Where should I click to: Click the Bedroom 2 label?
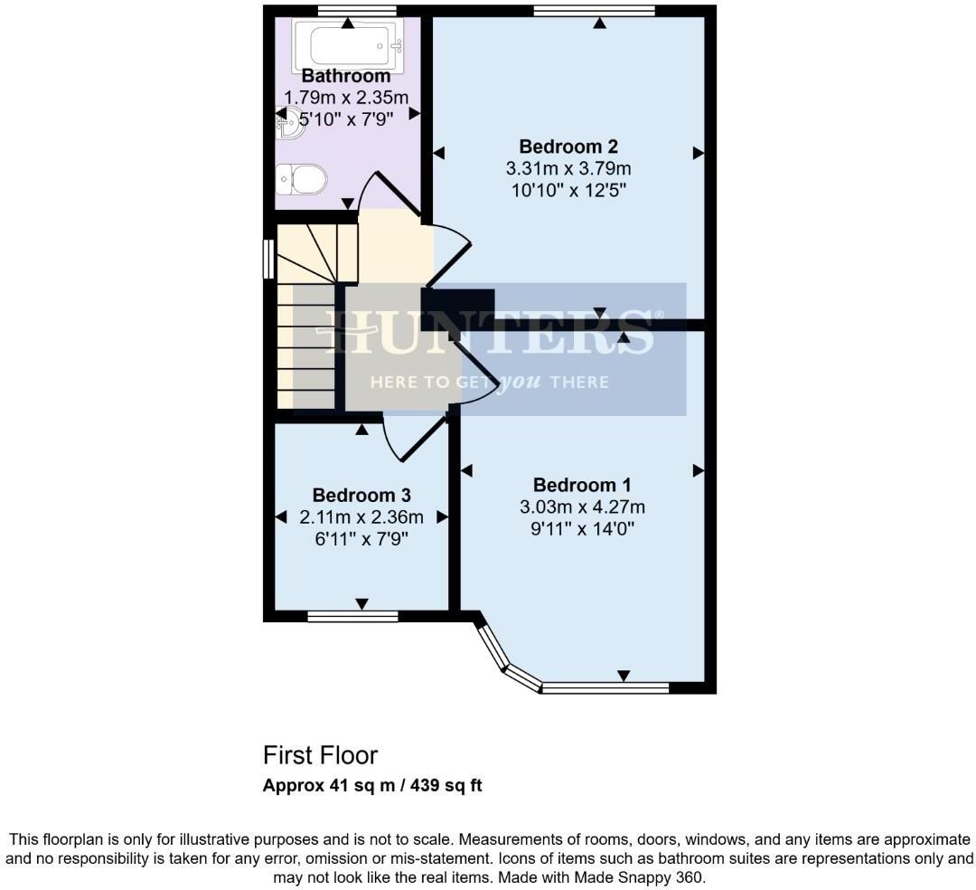coord(568,147)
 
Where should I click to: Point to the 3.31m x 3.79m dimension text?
coord(568,168)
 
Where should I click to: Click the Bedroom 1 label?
coord(582,485)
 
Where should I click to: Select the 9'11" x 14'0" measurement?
coord(582,528)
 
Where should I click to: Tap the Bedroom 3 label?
coord(361,496)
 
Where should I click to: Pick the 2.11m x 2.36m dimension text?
coord(361,517)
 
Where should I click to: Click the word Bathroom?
coord(346,76)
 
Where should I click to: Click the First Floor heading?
coord(320,755)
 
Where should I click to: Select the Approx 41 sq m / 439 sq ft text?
coord(372,785)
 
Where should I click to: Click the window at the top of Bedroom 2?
coord(594,11)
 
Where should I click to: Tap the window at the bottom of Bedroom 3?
coord(352,617)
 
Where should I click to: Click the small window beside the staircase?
coord(268,259)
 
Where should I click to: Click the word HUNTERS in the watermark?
coord(488,332)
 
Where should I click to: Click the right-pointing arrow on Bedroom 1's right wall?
coord(698,470)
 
